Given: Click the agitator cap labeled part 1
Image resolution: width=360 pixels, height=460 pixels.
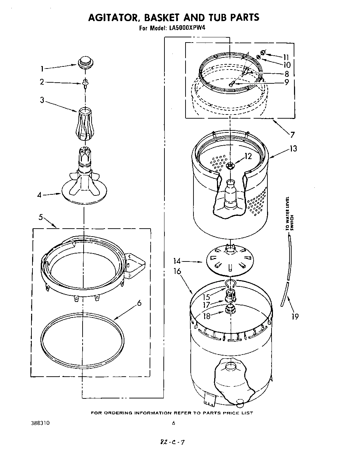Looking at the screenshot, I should pos(85,63).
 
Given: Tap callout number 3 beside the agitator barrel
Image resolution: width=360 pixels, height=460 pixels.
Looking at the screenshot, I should pos(42,100).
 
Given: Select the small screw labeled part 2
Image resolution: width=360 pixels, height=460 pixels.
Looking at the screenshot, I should pos(84,83).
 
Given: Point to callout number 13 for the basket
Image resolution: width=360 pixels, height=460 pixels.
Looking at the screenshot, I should pos(293,149).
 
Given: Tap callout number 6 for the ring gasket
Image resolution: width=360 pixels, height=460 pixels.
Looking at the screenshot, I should pos(139,303).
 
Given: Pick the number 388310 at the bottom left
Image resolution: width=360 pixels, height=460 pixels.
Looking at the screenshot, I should pos(40,423).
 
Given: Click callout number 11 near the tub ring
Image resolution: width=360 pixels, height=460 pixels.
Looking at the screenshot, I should pos(285,57).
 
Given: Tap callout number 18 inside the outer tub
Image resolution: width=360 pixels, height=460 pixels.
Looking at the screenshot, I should pos(207,315).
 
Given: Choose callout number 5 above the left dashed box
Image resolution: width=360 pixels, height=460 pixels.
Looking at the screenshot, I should pos(41,217).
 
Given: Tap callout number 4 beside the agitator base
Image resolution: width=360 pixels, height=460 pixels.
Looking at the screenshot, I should pos(40,195).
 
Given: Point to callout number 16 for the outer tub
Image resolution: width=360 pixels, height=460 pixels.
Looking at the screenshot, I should pos(177,271).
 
